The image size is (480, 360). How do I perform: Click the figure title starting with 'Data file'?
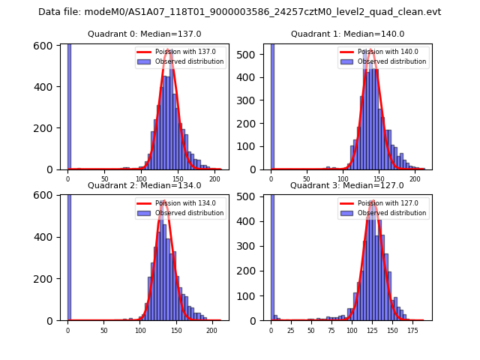[x=240, y=12]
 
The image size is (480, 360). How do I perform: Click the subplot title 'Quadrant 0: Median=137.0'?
[x=145, y=34]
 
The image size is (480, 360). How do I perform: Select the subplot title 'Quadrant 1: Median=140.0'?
[x=347, y=34]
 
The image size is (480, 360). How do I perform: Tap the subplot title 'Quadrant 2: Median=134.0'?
[x=145, y=185]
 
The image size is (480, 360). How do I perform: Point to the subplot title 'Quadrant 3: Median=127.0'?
[x=347, y=185]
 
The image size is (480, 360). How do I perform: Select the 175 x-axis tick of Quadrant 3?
[x=412, y=331]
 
